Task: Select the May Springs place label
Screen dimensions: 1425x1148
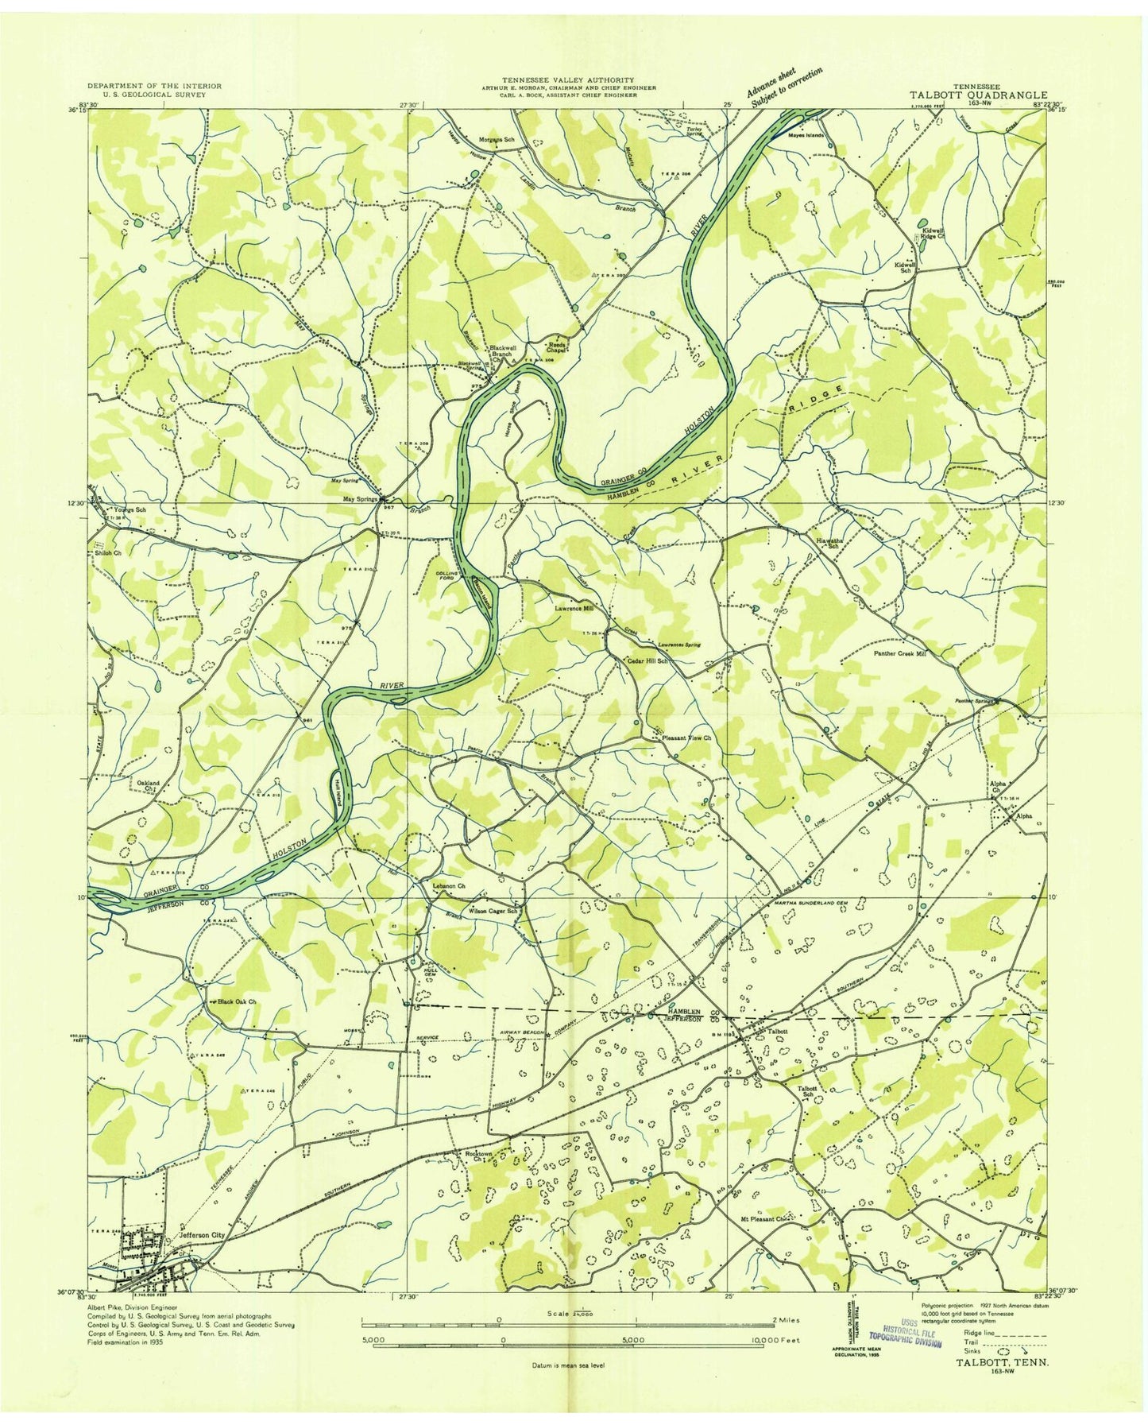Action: [359, 499]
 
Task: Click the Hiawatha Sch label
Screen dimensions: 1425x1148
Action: [830, 542]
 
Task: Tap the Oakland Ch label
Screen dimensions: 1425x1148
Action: [149, 785]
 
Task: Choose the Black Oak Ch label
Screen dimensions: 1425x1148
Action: [237, 1001]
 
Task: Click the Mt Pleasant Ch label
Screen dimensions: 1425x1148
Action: [762, 1218]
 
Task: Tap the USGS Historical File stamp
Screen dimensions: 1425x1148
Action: [906, 1335]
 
